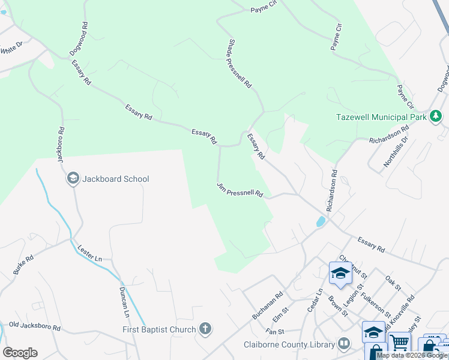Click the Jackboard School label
(115, 179)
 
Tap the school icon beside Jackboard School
(73, 178)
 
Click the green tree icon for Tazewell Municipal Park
(436, 116)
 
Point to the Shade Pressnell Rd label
(240, 65)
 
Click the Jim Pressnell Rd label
(240, 190)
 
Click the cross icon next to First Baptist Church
(205, 329)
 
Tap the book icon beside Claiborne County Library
(344, 344)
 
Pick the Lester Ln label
(90, 253)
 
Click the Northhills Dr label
(396, 151)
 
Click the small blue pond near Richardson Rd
(321, 222)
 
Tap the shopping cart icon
(399, 344)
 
